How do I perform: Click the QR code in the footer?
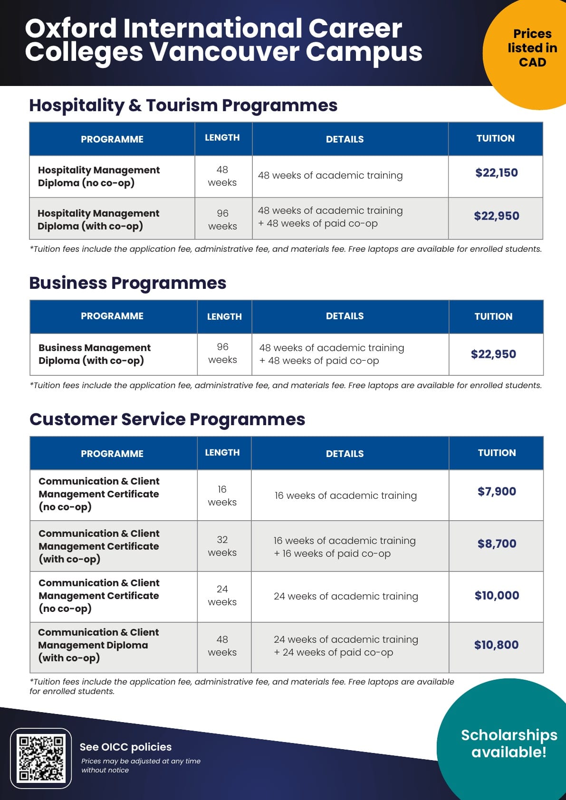click(x=41, y=758)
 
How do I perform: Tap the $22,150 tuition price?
click(x=497, y=172)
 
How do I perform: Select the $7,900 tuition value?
click(x=497, y=491)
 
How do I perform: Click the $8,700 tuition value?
click(x=497, y=543)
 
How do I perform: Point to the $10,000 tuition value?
click(x=497, y=595)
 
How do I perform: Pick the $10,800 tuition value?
click(x=496, y=645)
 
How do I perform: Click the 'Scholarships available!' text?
click(x=509, y=743)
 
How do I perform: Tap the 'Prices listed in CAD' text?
click(x=532, y=48)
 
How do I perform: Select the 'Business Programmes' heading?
click(x=127, y=283)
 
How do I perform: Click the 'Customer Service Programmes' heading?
click(x=167, y=419)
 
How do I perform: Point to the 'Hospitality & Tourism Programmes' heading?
click(x=183, y=105)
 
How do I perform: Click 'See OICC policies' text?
click(x=125, y=747)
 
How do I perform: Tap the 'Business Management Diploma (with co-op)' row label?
click(x=94, y=354)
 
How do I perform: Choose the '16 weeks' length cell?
click(x=222, y=495)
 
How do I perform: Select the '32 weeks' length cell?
click(x=222, y=546)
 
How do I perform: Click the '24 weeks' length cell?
click(x=222, y=595)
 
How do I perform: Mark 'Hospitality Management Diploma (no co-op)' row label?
click(x=98, y=176)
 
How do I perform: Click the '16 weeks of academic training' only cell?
click(x=345, y=495)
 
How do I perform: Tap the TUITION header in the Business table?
click(x=493, y=316)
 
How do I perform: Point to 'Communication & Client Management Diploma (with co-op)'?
click(x=98, y=645)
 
